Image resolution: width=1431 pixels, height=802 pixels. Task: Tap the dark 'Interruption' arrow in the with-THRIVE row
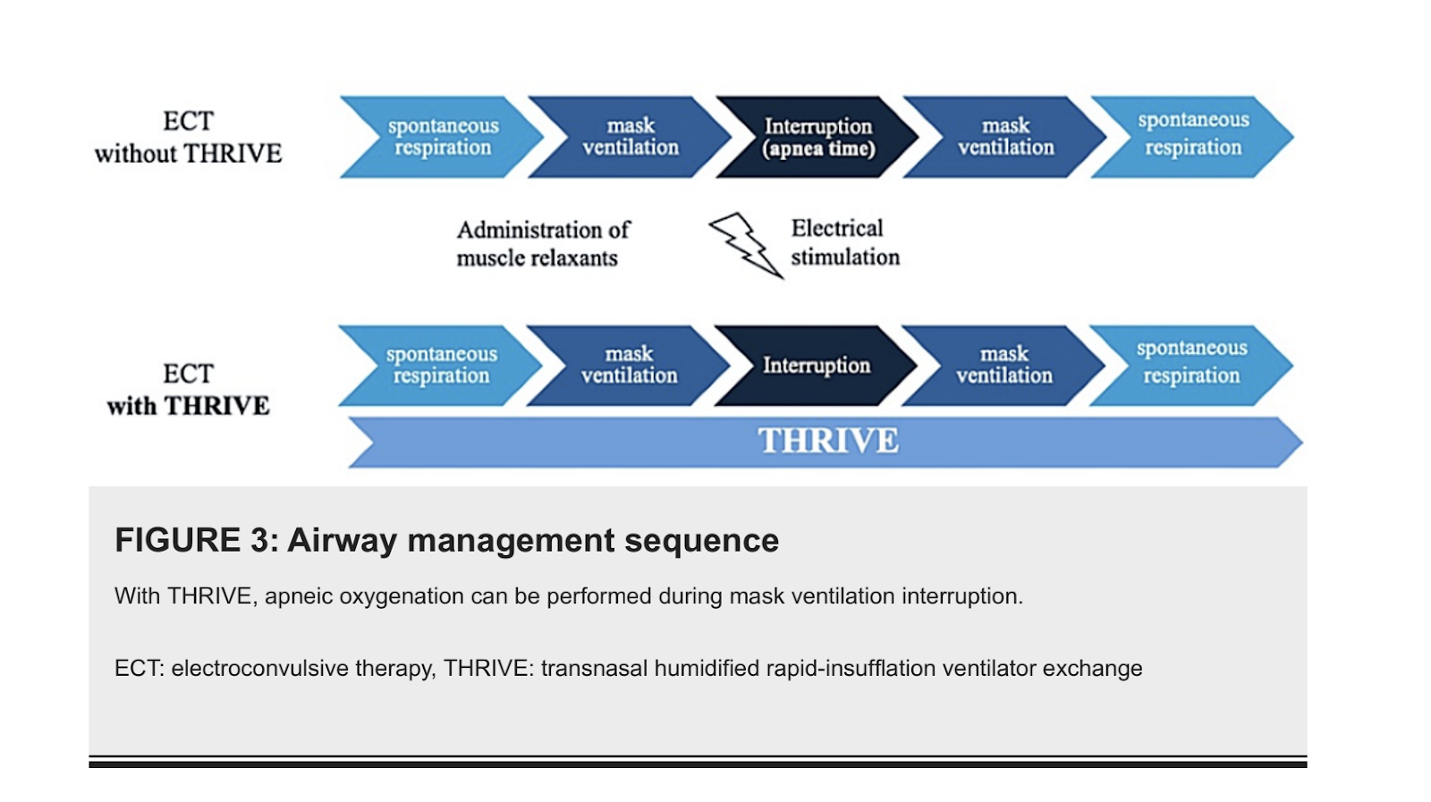pyautogui.click(x=816, y=366)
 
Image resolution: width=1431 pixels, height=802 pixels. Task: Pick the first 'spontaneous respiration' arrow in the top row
pyautogui.click(x=442, y=138)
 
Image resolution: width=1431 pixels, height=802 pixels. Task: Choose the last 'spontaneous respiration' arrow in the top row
pyautogui.click(x=1192, y=138)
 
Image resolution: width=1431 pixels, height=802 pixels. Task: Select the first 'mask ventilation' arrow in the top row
pyautogui.click(x=630, y=138)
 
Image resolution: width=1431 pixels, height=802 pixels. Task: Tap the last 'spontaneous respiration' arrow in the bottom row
pyautogui.click(x=1190, y=366)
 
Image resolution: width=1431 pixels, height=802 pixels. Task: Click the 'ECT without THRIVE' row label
pyautogui.click(x=189, y=138)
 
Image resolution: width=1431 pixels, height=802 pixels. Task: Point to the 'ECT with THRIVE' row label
pyautogui.click(x=189, y=390)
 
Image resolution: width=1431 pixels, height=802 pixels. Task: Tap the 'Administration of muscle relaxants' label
pyautogui.click(x=543, y=244)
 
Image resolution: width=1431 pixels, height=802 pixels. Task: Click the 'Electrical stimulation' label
pyautogui.click(x=845, y=242)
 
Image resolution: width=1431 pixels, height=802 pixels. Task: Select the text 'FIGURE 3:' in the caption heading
pyautogui.click(x=197, y=540)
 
